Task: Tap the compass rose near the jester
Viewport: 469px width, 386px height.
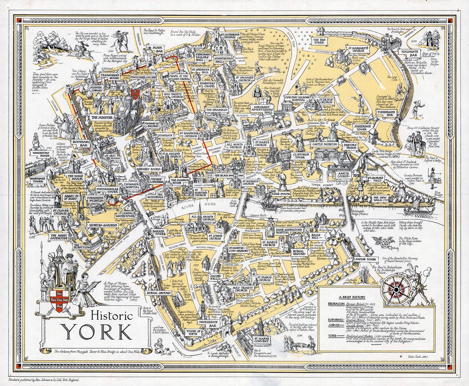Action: click(396, 290)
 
